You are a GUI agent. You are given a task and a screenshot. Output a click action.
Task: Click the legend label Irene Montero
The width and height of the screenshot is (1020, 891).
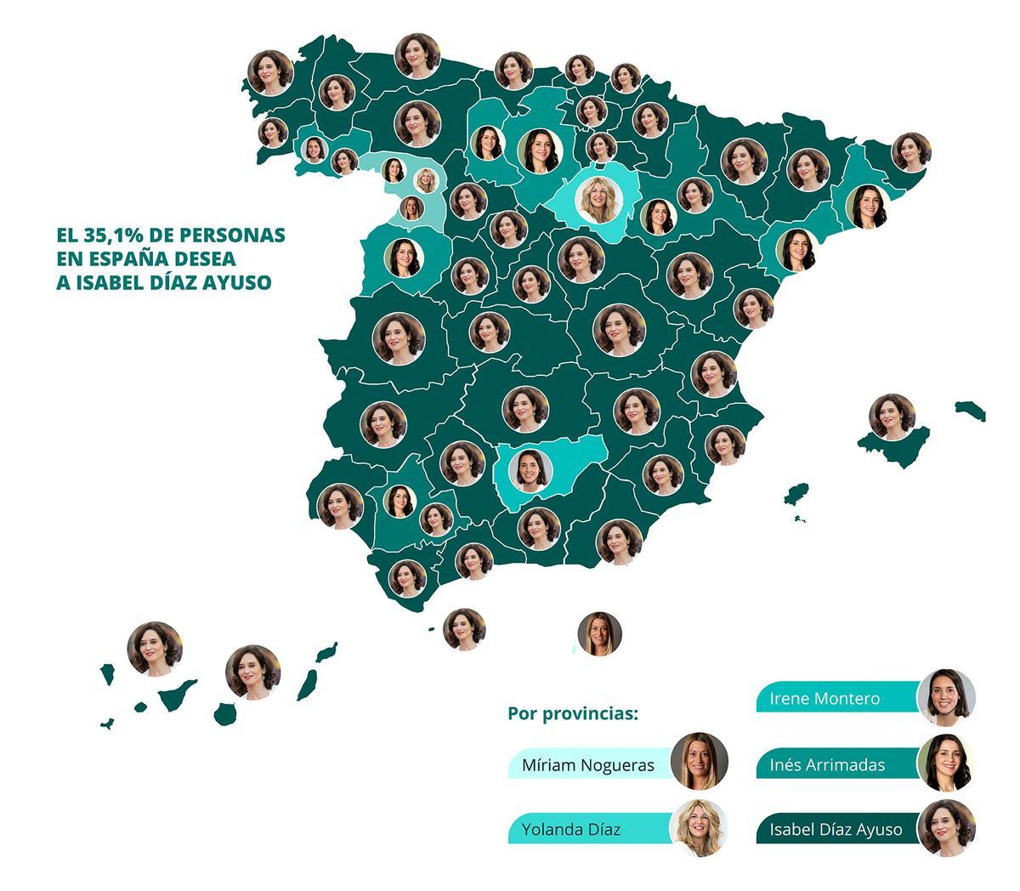pos(824,699)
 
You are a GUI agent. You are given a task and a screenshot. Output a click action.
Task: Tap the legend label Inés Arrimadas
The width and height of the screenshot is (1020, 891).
pos(826,764)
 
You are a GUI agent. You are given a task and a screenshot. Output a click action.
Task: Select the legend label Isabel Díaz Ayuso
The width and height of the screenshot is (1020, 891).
pos(836,829)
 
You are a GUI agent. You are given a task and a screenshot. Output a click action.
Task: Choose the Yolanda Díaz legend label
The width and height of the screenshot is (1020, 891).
pos(570,829)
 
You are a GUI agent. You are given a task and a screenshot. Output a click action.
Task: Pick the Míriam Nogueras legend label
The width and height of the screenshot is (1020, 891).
pos(588,764)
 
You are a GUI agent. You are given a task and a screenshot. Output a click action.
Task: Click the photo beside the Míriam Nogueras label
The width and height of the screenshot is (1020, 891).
pos(699,761)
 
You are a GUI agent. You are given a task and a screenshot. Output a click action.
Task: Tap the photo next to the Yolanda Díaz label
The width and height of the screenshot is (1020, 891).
pos(699,827)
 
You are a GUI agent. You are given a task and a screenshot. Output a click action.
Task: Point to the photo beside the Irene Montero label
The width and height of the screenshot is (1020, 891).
pos(946,697)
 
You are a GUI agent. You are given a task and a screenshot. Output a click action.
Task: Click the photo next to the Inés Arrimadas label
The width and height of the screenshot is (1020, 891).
pos(946,763)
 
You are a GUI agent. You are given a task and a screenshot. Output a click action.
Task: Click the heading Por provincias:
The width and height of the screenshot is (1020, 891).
pos(572,713)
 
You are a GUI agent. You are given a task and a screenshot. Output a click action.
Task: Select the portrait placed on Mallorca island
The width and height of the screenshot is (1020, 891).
pos(892,417)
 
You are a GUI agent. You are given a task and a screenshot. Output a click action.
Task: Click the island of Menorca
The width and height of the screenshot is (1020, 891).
pos(970,410)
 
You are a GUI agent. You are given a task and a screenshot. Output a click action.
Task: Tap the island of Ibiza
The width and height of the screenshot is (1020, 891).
pos(796,494)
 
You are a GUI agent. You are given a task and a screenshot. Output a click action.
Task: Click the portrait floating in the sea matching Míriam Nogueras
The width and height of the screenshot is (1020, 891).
pos(599,633)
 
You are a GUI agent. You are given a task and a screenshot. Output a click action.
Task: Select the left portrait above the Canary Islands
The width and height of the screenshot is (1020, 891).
pos(155,649)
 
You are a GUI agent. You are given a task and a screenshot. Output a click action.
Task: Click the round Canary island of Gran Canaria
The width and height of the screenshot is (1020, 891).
pos(225,713)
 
